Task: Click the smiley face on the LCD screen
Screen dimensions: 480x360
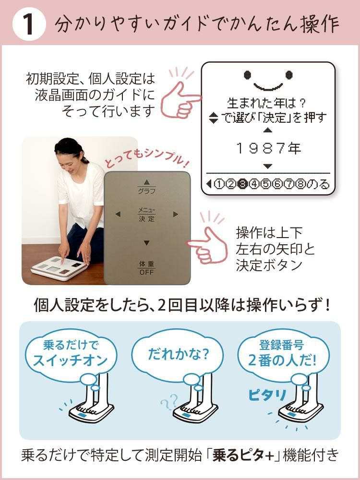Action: (x=268, y=80)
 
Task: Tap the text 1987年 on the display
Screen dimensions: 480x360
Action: (x=268, y=148)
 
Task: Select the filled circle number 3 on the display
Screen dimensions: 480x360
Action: (x=243, y=183)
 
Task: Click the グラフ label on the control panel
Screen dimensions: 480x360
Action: (x=147, y=191)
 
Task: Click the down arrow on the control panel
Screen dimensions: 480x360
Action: (x=147, y=242)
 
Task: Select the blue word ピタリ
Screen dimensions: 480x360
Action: (x=267, y=395)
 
